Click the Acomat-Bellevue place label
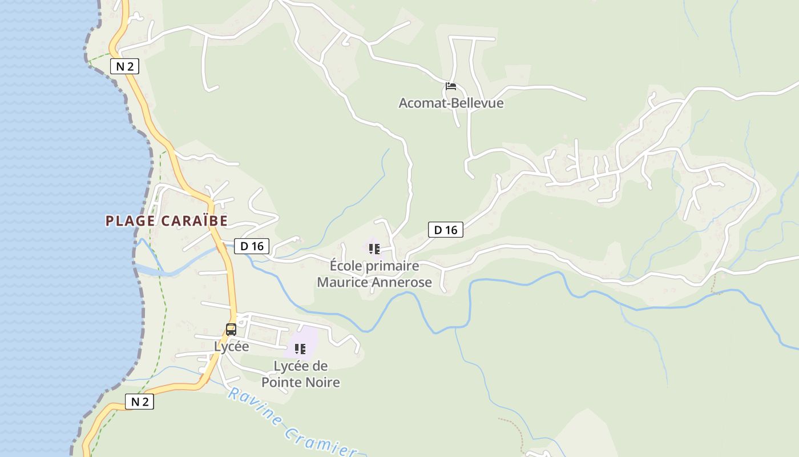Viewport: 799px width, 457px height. (451, 103)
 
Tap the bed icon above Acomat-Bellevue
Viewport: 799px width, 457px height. (451, 86)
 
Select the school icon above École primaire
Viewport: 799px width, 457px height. (374, 248)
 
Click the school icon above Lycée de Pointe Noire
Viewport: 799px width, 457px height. (300, 348)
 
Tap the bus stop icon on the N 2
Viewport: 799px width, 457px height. (231, 329)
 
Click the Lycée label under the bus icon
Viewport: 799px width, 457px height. (231, 346)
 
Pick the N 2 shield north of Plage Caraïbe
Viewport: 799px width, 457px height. (124, 66)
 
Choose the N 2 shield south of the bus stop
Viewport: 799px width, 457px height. (139, 402)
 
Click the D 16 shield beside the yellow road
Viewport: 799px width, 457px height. (252, 246)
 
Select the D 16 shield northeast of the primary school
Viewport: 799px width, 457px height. (446, 230)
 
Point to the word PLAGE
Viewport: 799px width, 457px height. (130, 221)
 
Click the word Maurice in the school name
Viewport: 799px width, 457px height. (340, 282)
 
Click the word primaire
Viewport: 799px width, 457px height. (392, 266)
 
